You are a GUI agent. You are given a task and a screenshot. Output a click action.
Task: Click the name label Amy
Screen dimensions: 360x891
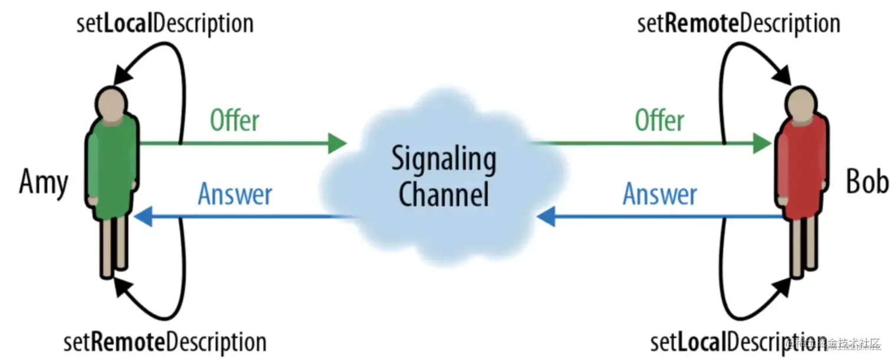[x=44, y=183]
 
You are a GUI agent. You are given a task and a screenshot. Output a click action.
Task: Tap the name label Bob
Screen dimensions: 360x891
[x=867, y=183]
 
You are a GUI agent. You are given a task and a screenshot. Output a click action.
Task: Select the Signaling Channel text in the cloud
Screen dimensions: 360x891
[x=444, y=177]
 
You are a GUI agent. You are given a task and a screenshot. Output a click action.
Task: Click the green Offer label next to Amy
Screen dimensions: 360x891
[x=235, y=121]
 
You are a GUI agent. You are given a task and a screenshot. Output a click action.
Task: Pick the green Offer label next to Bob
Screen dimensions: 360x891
[x=659, y=121]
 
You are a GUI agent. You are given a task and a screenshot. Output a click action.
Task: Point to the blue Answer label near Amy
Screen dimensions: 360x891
[x=235, y=194]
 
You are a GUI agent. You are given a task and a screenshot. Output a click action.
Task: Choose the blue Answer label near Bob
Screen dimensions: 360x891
[x=659, y=194]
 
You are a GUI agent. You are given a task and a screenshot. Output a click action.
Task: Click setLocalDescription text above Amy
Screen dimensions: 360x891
[x=165, y=24]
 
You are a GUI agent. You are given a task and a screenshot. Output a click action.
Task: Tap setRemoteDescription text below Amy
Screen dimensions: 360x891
[x=165, y=342]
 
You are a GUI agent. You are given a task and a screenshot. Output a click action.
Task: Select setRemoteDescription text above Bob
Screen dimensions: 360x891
[x=738, y=24]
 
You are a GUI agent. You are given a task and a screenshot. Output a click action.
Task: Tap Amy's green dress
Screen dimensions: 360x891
[x=113, y=168]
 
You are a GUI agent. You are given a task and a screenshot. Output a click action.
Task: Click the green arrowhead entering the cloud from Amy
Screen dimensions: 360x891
[x=337, y=143]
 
